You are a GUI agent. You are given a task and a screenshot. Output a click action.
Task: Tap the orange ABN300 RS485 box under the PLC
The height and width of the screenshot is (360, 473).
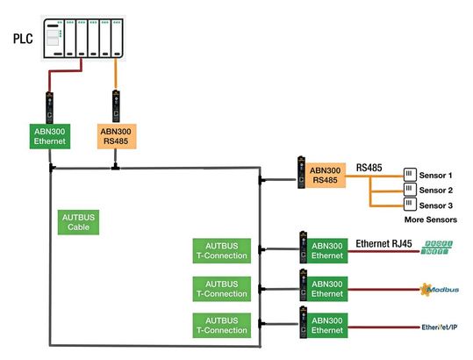(115, 136)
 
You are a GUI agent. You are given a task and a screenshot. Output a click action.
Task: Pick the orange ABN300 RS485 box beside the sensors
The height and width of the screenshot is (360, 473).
(326, 173)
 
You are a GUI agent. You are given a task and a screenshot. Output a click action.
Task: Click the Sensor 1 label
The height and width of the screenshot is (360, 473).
(436, 174)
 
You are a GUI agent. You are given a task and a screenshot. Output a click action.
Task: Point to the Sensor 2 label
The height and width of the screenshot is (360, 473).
(436, 190)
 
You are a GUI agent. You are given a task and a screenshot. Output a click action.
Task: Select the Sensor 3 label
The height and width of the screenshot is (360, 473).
(436, 205)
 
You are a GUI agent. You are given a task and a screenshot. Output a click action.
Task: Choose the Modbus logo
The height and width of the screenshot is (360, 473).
(439, 288)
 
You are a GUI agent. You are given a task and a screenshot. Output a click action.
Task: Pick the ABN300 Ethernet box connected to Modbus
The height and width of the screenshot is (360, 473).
(326, 289)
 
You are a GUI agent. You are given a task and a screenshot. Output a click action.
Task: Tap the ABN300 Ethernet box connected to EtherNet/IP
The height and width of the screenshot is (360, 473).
(326, 326)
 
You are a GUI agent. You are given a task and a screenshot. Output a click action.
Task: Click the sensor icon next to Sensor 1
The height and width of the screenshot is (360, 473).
(408, 174)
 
